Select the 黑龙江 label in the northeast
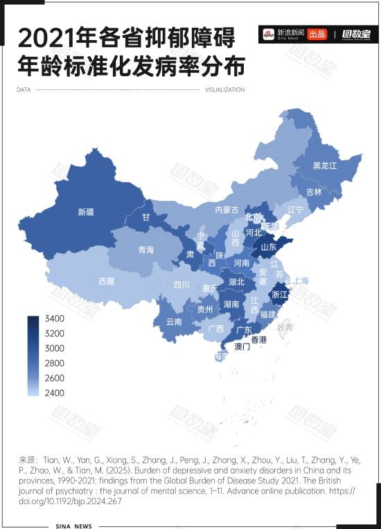[324, 165]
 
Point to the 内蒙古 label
[227, 210]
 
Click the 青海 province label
[145, 249]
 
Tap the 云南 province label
[174, 322]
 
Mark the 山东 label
[268, 246]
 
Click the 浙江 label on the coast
[280, 294]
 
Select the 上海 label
[300, 280]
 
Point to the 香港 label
[258, 339]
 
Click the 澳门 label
[242, 346]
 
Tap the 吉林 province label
[314, 192]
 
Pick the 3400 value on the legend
[55, 319]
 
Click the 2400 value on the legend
[55, 393]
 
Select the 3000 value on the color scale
[55, 348]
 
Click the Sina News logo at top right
[282, 33]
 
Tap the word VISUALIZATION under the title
[225, 90]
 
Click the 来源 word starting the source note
[28, 460]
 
